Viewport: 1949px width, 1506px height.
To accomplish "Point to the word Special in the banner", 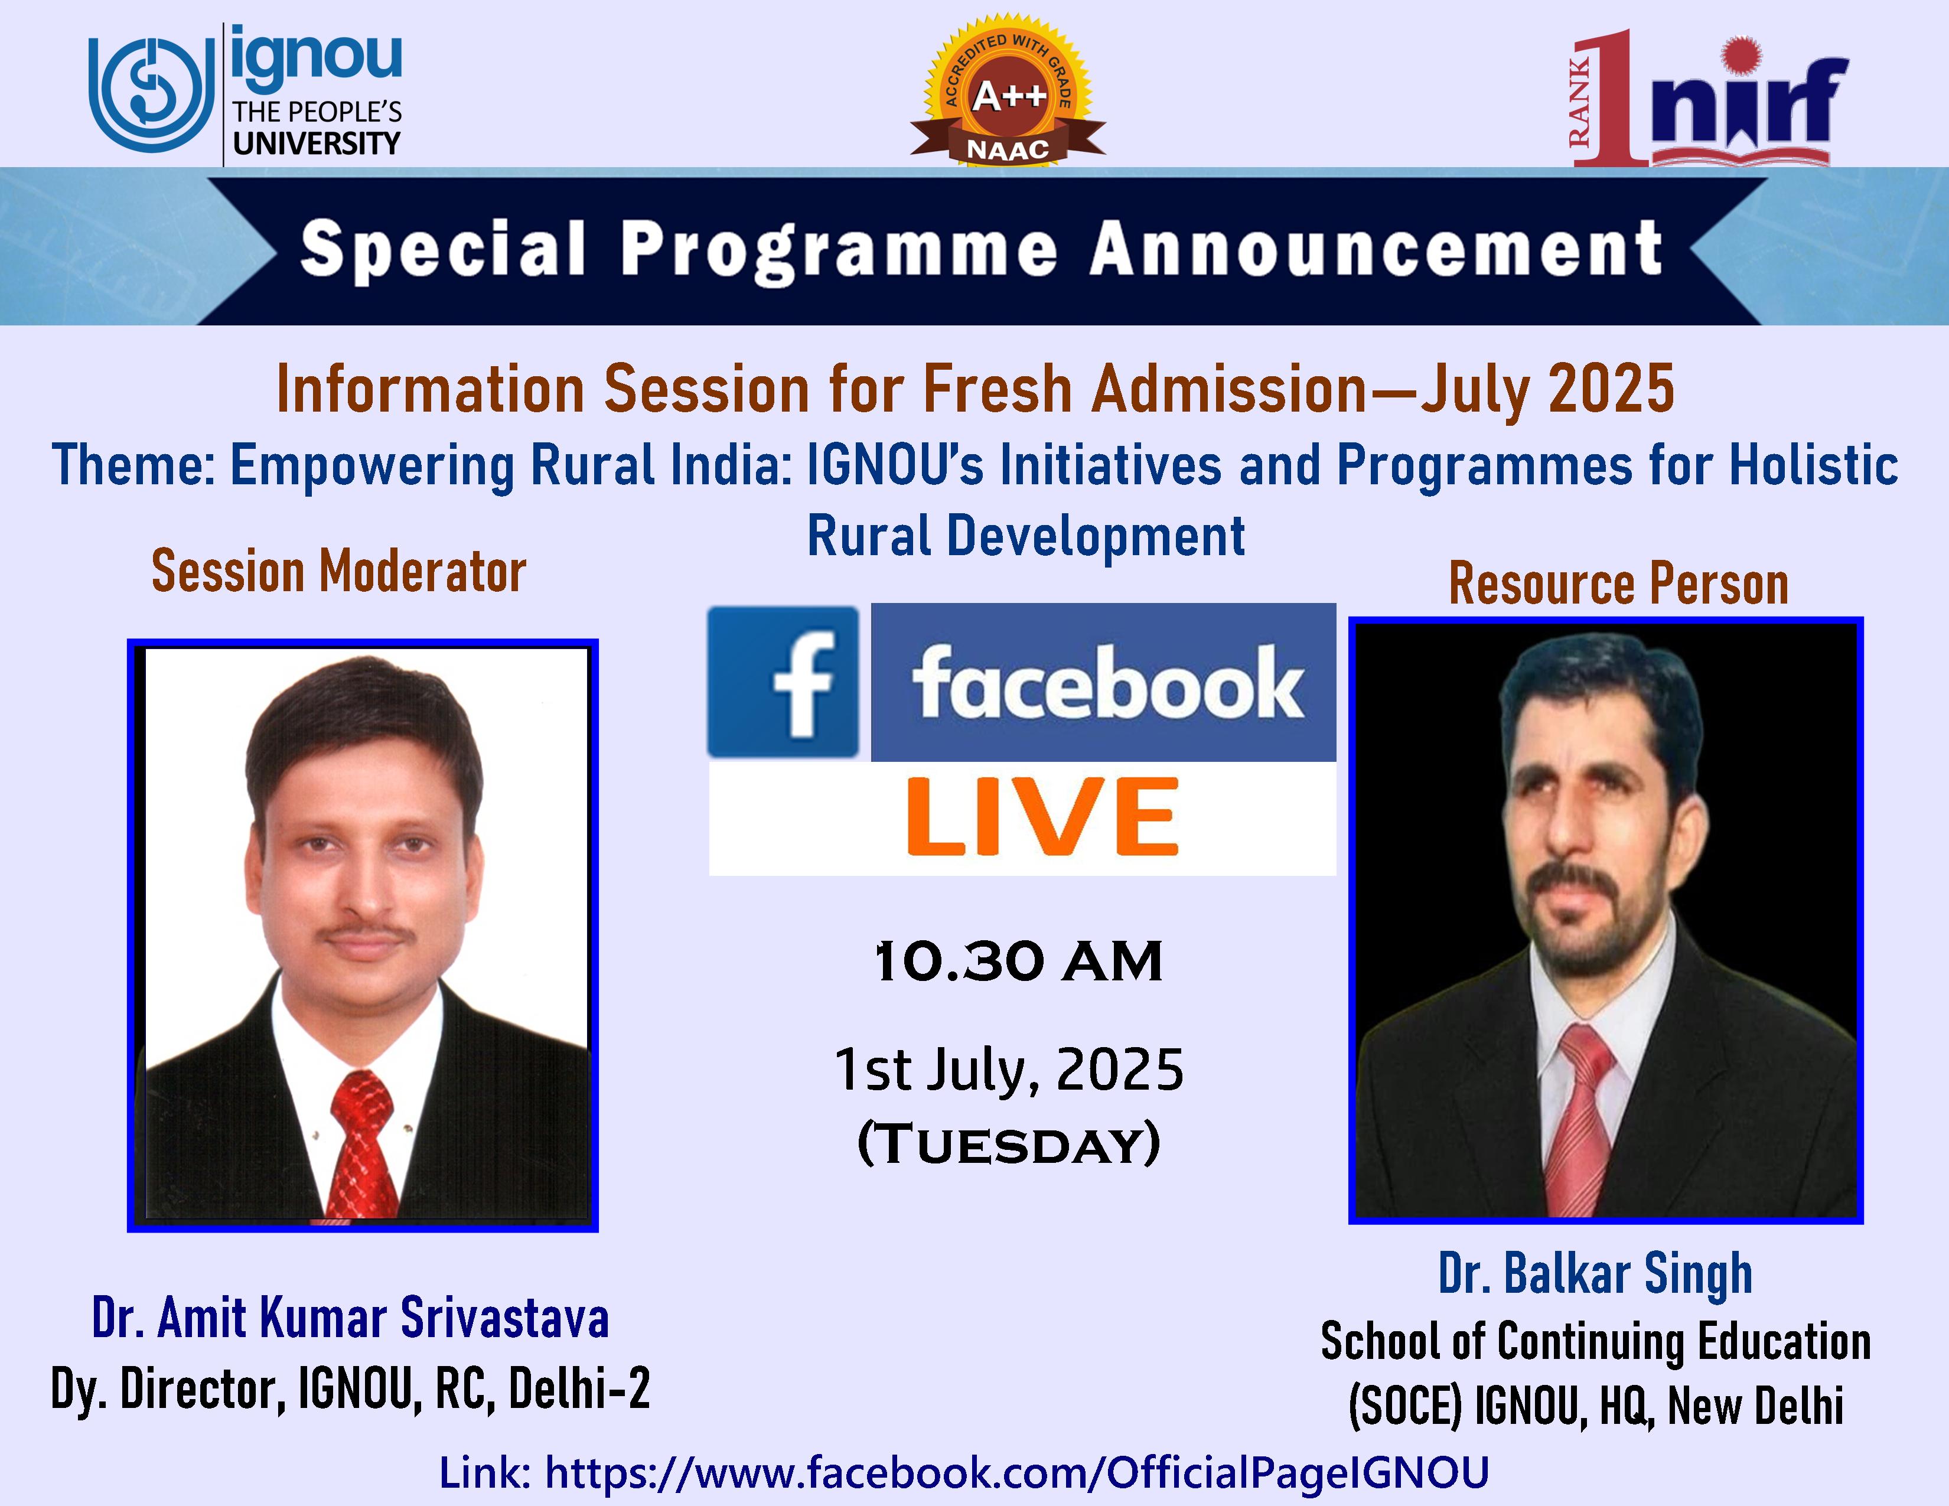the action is [x=444, y=250].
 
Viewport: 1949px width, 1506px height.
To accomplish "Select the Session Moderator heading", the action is [x=339, y=571].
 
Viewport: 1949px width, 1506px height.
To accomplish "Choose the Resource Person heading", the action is [x=1619, y=584].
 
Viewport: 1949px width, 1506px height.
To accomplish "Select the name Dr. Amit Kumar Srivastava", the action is [x=351, y=1318].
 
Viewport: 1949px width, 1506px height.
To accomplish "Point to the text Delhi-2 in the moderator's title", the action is [x=580, y=1389].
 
